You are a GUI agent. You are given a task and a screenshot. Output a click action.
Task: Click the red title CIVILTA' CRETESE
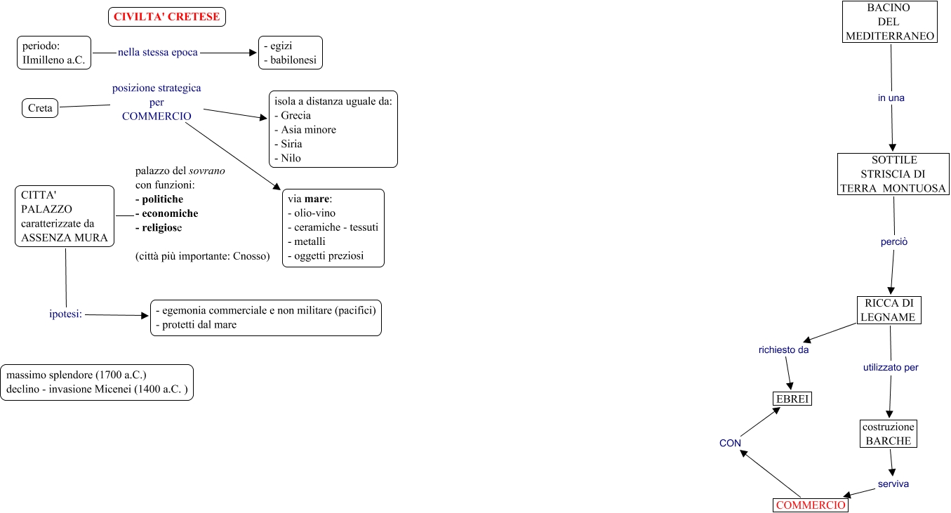(x=167, y=17)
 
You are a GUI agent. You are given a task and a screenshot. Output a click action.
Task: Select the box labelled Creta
(x=41, y=108)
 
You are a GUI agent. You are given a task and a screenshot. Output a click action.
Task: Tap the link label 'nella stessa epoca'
(x=158, y=52)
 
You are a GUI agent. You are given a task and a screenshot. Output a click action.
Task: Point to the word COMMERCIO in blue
(x=157, y=116)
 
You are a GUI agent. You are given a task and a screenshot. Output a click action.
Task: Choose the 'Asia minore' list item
(x=308, y=129)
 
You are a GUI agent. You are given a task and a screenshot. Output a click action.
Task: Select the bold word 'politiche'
(x=161, y=199)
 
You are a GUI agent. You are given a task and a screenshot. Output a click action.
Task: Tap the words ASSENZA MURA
(x=65, y=237)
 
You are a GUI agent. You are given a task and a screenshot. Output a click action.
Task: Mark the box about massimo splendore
(x=96, y=382)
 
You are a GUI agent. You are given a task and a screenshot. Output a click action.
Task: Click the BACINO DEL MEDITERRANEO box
(x=890, y=22)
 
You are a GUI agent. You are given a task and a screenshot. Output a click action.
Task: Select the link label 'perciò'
(x=894, y=241)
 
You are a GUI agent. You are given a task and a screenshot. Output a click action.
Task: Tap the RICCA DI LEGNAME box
(x=889, y=309)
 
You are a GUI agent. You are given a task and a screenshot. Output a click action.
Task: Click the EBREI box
(x=792, y=399)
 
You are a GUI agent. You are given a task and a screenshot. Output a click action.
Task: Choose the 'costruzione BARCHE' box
(x=889, y=434)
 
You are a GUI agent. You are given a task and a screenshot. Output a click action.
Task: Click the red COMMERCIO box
(x=811, y=505)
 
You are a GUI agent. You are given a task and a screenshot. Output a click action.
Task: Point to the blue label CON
(x=730, y=443)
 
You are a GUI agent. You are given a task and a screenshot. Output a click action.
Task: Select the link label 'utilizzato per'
(x=891, y=366)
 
